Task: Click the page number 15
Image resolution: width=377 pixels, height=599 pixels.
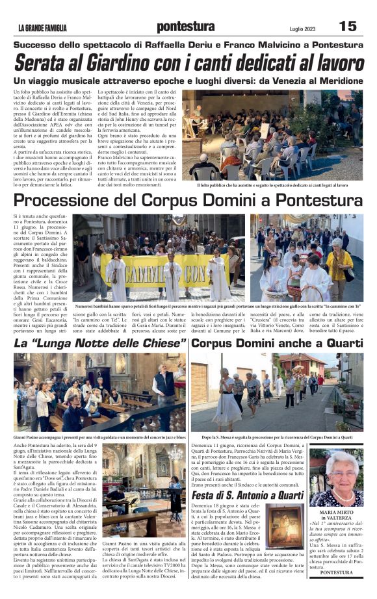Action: tap(348, 26)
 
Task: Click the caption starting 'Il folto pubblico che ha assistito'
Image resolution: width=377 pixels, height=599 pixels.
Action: tap(272, 185)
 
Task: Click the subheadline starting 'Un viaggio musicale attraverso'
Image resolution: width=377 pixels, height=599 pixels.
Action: tap(187, 81)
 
